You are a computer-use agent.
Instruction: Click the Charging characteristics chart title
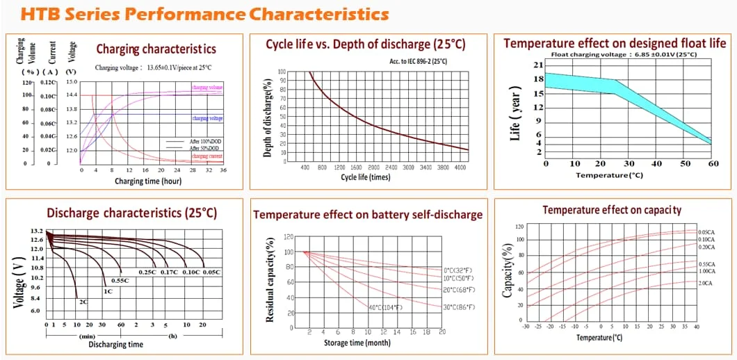156,49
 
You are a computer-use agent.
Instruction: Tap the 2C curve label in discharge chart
83,302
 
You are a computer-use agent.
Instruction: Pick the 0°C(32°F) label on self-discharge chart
458,270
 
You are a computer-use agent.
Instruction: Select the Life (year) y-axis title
515,119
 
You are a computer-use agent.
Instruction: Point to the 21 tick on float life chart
537,65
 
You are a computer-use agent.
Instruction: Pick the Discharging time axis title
115,344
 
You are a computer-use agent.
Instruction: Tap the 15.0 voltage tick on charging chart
72,82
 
